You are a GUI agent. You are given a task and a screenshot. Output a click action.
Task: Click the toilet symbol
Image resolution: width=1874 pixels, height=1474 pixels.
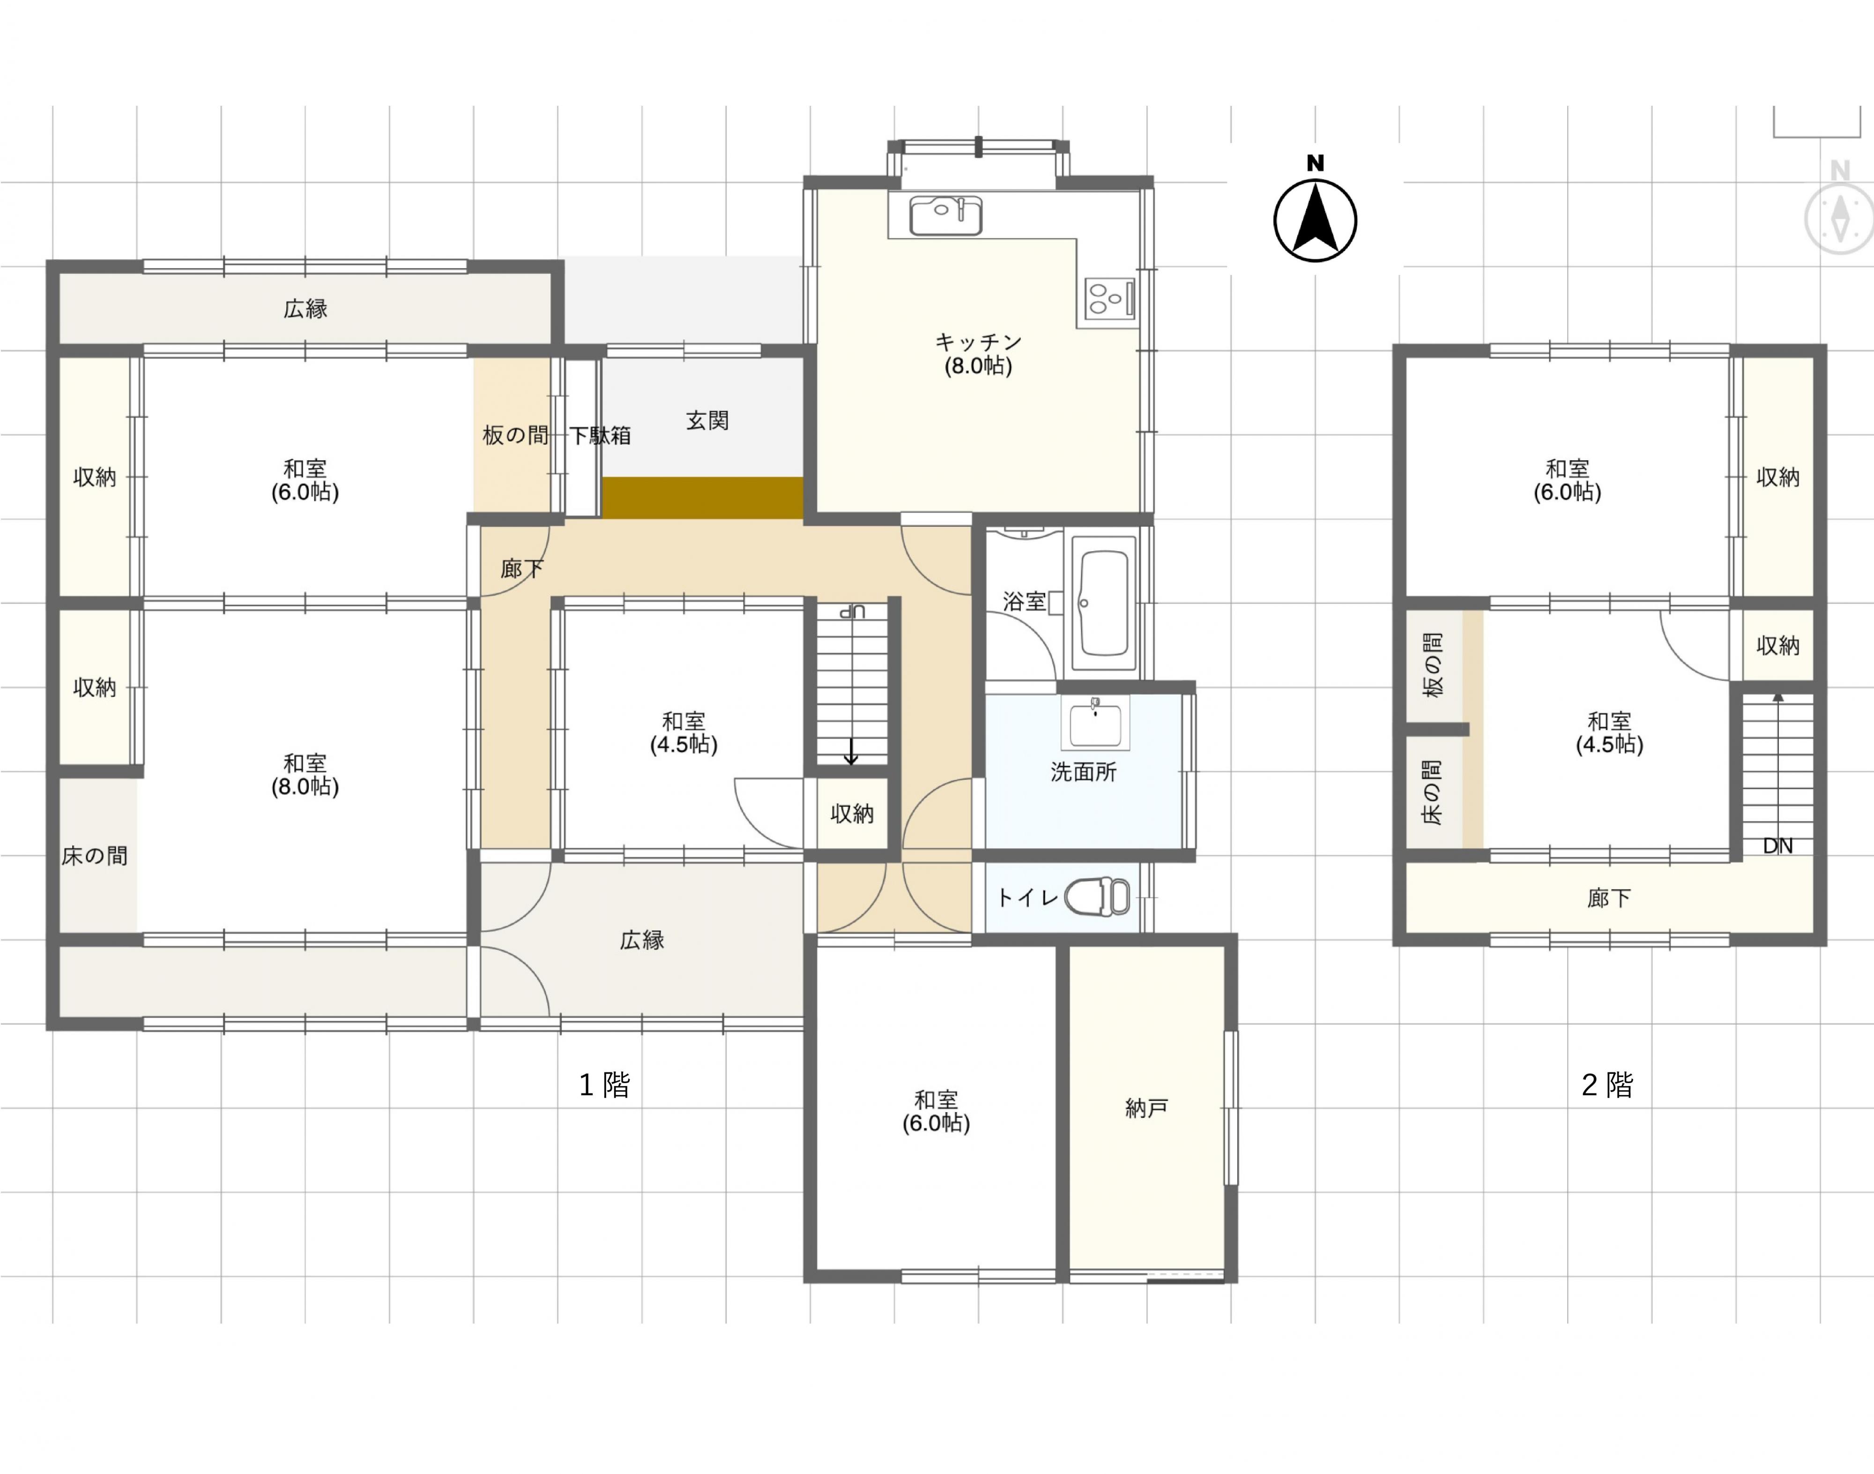[x=1098, y=897]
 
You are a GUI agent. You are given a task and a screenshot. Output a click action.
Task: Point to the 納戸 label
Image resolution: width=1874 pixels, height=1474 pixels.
[x=1147, y=1108]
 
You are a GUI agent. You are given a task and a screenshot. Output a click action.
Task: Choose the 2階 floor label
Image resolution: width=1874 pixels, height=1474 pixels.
[x=1607, y=1085]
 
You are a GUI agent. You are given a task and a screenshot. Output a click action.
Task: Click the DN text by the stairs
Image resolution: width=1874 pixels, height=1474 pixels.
[x=1777, y=846]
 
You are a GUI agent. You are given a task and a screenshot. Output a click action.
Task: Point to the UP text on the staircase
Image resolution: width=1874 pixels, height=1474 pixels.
[x=853, y=612]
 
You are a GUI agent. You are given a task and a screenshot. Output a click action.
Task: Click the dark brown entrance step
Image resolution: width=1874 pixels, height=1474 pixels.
[x=702, y=498]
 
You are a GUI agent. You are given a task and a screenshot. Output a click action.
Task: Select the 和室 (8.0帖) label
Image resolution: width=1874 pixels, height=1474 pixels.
[x=305, y=775]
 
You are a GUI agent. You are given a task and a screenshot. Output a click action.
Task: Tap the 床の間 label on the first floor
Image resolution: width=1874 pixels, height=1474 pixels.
[x=95, y=856]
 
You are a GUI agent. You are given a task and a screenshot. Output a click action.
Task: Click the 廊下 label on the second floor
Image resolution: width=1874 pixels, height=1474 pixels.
[x=1609, y=898]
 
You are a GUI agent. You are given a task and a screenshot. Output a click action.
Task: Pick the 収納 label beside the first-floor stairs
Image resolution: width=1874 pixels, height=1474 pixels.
[x=853, y=814]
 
